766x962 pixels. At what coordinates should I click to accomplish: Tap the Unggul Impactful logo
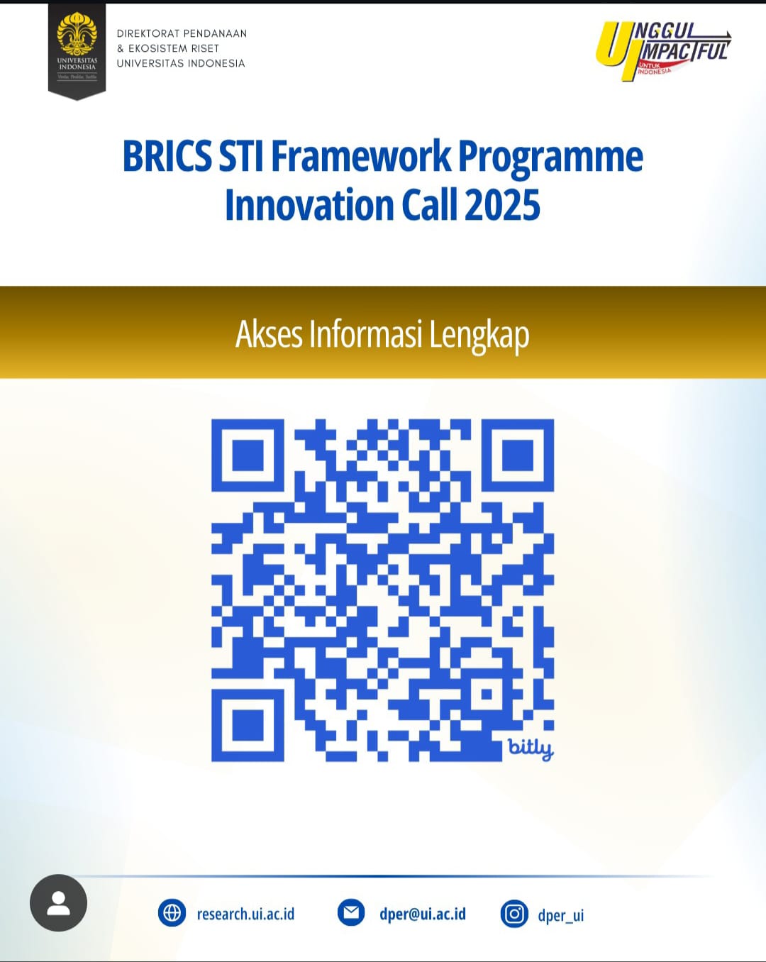[x=664, y=51]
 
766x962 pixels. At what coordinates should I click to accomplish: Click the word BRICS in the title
[x=167, y=157]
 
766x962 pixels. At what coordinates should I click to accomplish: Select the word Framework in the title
[x=362, y=157]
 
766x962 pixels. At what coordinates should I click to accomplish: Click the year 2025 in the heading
[x=502, y=205]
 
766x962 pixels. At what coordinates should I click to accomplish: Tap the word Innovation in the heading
[x=309, y=205]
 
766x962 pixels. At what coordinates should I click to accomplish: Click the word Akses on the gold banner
[x=269, y=334]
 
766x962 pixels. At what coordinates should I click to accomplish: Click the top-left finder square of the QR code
[x=248, y=455]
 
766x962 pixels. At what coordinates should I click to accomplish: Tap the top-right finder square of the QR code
[x=518, y=455]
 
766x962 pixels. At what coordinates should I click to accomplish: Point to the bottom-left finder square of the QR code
[x=248, y=726]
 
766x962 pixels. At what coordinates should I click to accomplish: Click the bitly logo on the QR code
[x=531, y=748]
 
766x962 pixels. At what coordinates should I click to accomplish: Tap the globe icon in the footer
[x=172, y=913]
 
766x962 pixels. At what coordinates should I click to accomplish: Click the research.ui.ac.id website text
[x=246, y=914]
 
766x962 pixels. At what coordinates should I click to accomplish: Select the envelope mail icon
[x=351, y=912]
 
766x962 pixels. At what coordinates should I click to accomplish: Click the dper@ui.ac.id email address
[x=423, y=914]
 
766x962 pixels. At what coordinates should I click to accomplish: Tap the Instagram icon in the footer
[x=514, y=914]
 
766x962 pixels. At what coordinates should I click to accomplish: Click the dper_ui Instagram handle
[x=561, y=915]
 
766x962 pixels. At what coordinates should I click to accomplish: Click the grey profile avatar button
[x=59, y=902]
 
